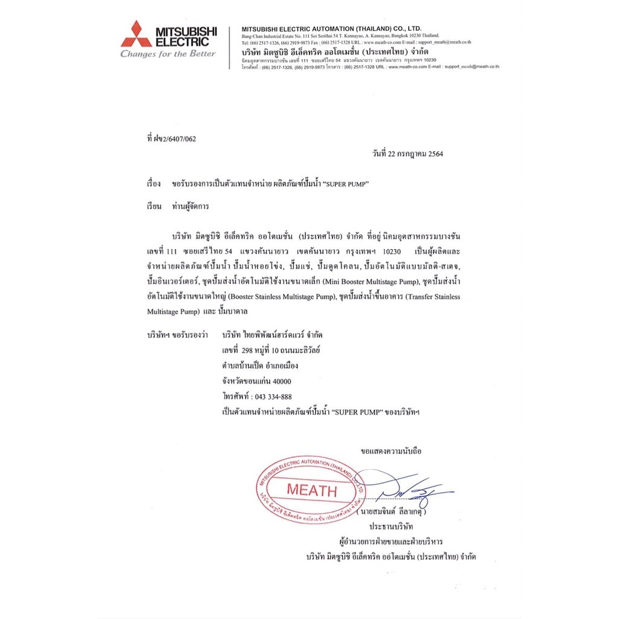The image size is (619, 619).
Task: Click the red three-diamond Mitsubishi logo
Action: [x=136, y=34]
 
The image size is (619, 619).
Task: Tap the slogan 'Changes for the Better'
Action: [x=168, y=54]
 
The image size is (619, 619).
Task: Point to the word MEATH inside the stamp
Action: [x=311, y=490]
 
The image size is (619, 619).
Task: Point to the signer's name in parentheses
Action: [x=408, y=512]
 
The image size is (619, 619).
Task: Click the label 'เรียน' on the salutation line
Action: [x=154, y=206]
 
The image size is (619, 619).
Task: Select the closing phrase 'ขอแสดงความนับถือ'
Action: [x=391, y=451]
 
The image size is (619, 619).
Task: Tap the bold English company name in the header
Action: [x=331, y=28]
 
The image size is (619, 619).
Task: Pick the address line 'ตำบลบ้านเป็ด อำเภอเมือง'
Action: [x=260, y=366]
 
